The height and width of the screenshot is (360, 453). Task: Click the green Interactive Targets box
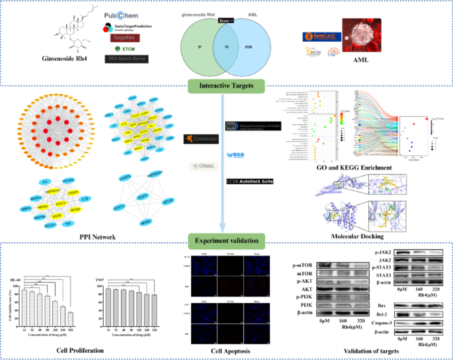click(227, 85)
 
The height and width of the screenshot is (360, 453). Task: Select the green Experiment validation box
click(227, 239)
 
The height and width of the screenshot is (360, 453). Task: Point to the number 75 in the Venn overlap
click(227, 47)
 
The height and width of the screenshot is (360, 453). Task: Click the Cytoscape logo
click(198, 139)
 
